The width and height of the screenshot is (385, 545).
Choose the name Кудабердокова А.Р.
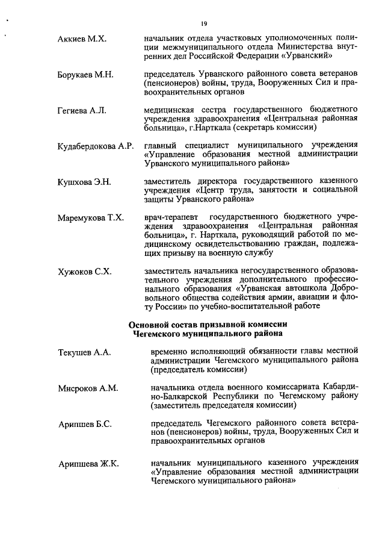point(95,146)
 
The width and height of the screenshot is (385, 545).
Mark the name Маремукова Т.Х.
point(91,217)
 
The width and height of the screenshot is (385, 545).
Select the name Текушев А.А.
point(85,352)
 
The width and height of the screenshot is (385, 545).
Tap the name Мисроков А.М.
point(88,388)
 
